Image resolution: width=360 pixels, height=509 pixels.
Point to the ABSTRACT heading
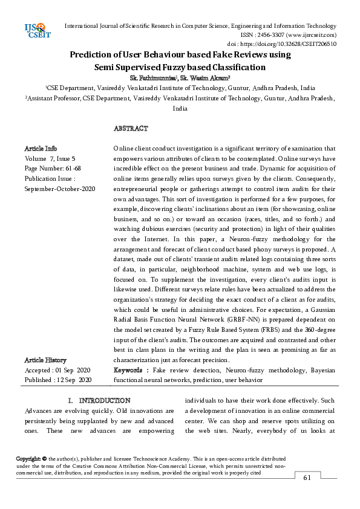coord(131,129)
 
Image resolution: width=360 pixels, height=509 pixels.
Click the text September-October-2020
coord(59,189)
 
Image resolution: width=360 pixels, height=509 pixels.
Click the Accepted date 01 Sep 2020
coord(73,369)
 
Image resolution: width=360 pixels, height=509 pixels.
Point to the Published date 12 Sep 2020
coord(74,380)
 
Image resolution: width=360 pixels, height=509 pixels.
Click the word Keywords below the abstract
coord(129,369)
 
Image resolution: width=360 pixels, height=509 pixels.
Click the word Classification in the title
coord(231,67)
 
